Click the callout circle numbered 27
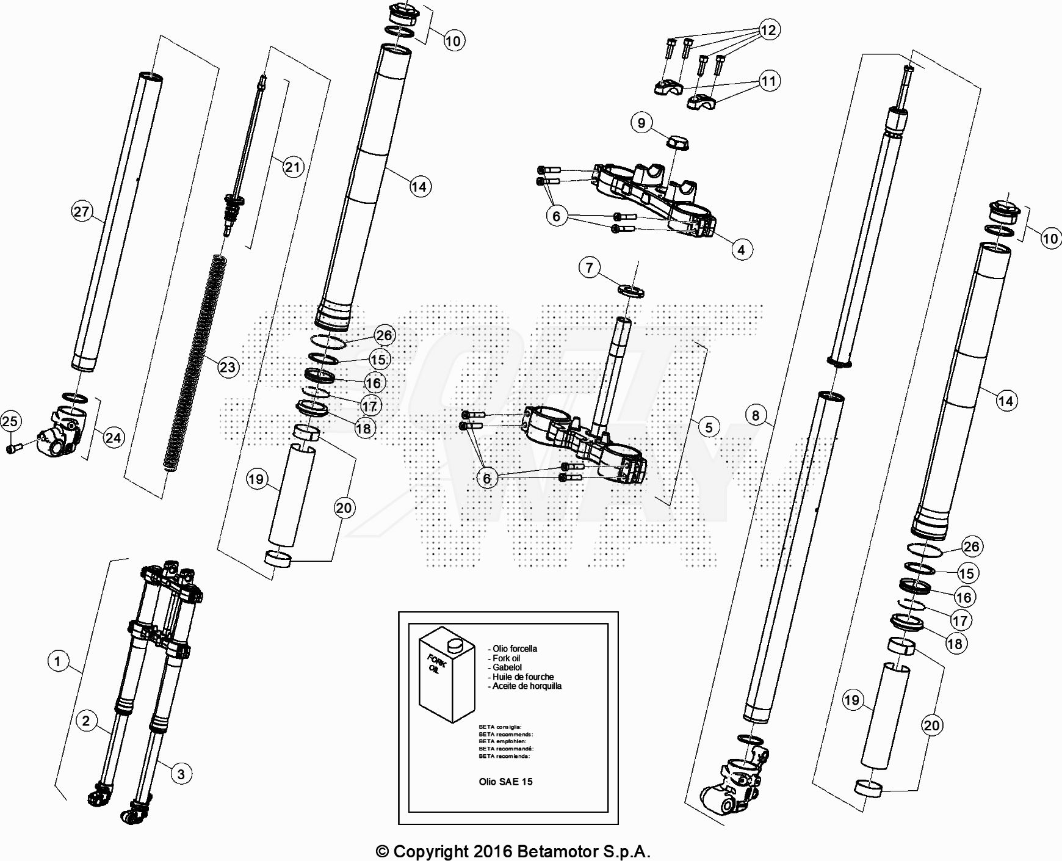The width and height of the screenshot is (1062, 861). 82,212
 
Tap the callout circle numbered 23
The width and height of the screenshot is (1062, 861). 228,367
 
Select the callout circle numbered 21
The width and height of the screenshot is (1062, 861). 293,167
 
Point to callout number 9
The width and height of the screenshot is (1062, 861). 641,123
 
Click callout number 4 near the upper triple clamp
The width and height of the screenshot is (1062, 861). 741,250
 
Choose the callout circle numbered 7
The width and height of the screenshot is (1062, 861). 589,267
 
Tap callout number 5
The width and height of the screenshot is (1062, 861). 709,427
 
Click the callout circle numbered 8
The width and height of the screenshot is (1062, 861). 756,416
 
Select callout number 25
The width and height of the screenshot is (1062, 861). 10,421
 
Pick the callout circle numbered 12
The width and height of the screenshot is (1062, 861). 768,30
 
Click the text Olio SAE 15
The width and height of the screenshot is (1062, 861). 505,782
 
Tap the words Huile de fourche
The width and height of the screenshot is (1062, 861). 523,677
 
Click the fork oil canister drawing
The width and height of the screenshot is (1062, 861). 447,674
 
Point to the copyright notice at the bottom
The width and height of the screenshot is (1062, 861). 513,851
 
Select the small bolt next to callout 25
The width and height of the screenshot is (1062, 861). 13,448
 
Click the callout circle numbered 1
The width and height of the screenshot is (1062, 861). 58,661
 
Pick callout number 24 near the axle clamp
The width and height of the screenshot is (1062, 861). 113,438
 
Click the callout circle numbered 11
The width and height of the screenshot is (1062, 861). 768,81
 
